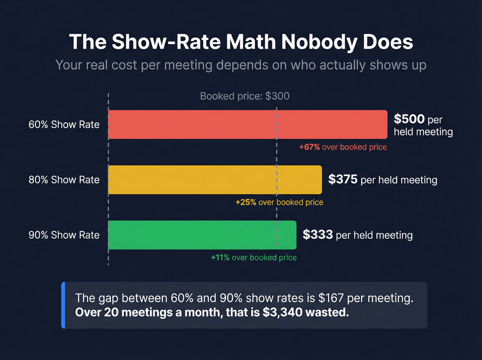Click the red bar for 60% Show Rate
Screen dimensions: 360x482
248,124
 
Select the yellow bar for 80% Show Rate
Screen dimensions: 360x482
215,179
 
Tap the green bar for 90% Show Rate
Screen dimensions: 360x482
202,235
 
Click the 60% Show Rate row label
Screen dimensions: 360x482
64,124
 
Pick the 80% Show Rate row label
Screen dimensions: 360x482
64,179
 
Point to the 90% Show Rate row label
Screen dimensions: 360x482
64,235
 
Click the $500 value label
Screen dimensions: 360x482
409,119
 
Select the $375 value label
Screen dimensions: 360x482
343,179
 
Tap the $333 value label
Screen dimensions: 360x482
317,235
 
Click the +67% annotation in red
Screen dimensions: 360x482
309,147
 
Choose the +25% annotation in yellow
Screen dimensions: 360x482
245,202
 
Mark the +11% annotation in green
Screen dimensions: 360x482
220,258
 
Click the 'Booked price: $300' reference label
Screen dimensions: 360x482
245,96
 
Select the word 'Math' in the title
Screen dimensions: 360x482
251,42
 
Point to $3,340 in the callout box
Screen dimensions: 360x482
282,312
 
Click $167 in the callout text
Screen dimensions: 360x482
331,298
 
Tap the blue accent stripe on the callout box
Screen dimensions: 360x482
63,305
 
